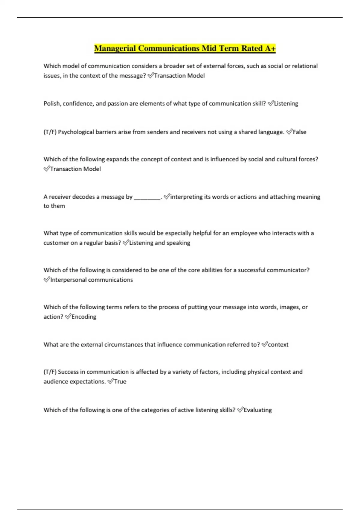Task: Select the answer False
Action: tap(299, 132)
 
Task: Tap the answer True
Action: tap(120, 382)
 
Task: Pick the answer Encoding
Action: tap(84, 317)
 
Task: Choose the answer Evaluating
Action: tap(257, 410)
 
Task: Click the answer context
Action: tap(278, 345)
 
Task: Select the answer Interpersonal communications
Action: tap(91, 280)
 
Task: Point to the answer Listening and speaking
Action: tap(160, 243)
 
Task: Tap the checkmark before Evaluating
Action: tap(240, 410)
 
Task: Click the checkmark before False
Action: tap(289, 132)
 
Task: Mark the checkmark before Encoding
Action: tap(68, 316)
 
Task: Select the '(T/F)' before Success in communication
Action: tap(50, 372)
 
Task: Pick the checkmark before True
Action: tap(110, 381)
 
